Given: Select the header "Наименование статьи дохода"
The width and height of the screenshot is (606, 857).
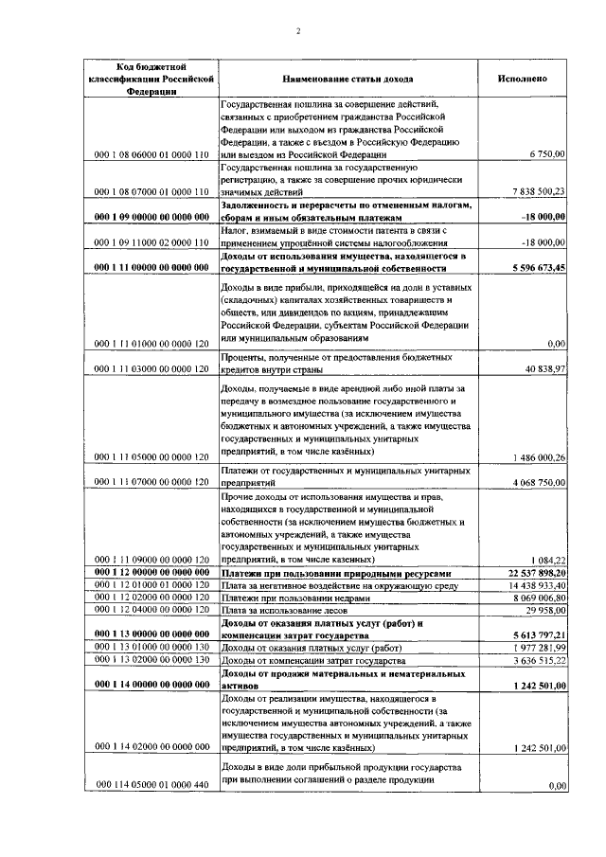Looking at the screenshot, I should click(x=348, y=79).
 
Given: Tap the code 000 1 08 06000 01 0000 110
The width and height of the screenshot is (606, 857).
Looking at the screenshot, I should click(x=151, y=153).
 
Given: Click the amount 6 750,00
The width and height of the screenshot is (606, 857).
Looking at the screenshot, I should click(x=547, y=153).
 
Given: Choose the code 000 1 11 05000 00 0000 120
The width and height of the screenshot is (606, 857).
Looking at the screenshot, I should click(x=151, y=457).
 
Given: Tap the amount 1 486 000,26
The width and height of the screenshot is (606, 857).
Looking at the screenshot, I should click(x=537, y=457).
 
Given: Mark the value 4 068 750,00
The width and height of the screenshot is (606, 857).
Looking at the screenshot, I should click(x=537, y=482).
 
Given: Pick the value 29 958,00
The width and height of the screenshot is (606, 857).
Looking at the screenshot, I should click(x=544, y=611).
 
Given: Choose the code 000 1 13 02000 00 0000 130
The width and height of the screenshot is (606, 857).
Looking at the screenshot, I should click(x=151, y=660).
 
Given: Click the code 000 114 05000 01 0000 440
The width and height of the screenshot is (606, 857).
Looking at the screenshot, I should click(x=151, y=785).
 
